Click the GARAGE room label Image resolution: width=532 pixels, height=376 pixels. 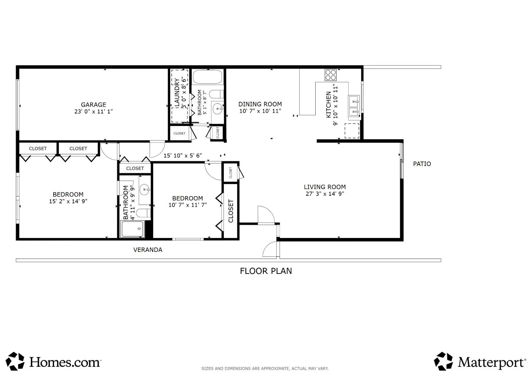[x=94, y=105]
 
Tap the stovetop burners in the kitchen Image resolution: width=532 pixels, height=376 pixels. [x=331, y=75]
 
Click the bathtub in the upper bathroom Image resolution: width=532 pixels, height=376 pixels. [x=207, y=77]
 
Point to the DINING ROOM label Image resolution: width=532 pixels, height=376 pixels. [x=260, y=104]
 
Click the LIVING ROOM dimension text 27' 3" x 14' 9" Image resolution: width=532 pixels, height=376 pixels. [x=325, y=194]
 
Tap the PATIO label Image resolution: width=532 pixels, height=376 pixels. [x=422, y=164]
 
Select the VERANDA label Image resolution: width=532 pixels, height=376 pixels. [x=148, y=250]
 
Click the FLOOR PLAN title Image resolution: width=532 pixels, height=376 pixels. [x=266, y=271]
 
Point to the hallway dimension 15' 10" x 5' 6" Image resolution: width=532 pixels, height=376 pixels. [x=183, y=155]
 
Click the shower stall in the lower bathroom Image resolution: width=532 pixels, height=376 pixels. [x=133, y=229]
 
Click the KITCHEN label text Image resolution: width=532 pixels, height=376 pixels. [x=328, y=105]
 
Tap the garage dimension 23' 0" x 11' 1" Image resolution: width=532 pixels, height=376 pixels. [x=94, y=111]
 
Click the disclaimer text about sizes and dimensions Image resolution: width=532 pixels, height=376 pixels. [x=265, y=369]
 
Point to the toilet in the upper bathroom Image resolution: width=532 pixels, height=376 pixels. [x=216, y=94]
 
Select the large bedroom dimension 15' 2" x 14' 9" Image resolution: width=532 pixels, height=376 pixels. [x=68, y=201]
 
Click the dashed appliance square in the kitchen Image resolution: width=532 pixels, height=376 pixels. [x=352, y=131]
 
